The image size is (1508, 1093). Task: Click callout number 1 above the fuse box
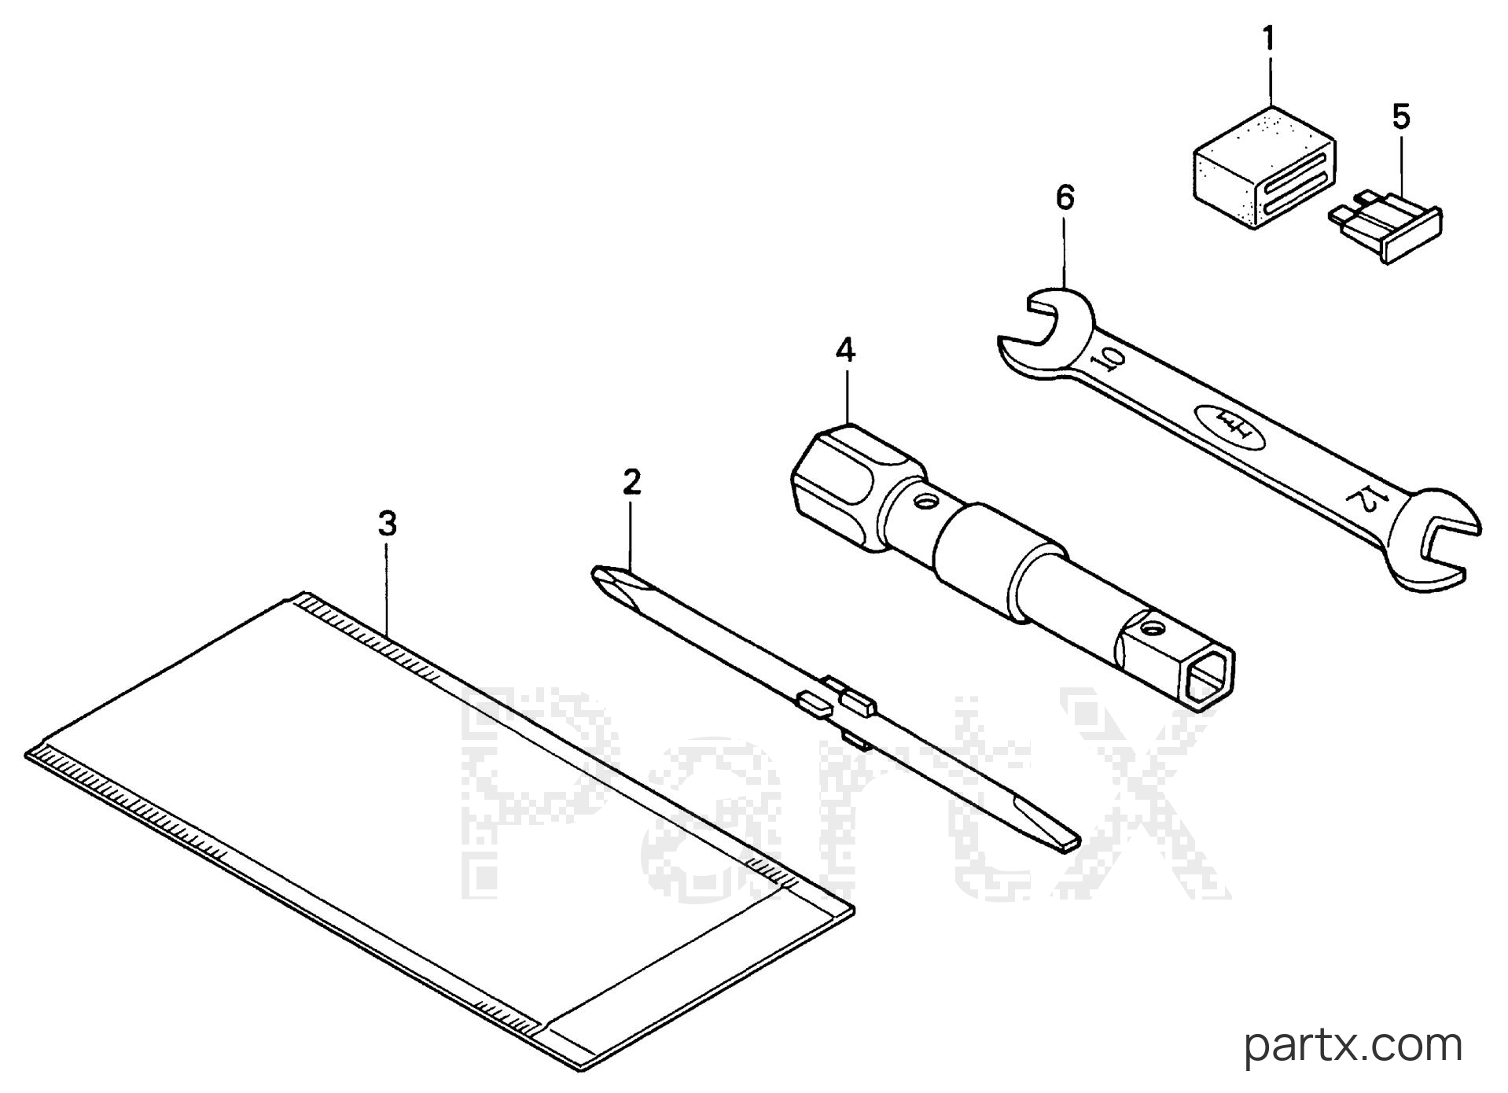tap(1268, 39)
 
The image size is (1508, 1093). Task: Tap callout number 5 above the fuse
tap(1401, 117)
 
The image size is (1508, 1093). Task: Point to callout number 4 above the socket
tap(845, 350)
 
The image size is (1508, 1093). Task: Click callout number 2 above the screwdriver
tap(631, 482)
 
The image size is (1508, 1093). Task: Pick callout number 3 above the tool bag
tap(387, 524)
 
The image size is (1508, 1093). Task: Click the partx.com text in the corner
tap(1353, 1047)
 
